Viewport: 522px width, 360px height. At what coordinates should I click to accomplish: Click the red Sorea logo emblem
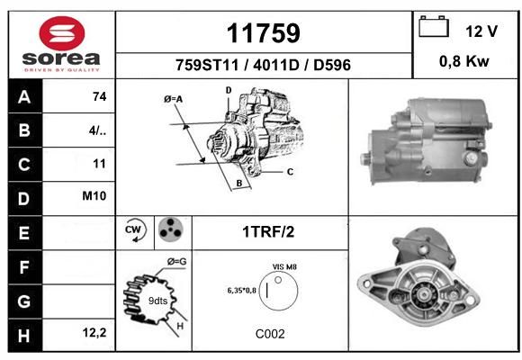(x=62, y=33)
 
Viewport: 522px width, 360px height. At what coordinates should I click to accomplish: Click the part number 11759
(x=264, y=33)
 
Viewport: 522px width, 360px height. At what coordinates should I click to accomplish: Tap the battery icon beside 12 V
(x=434, y=26)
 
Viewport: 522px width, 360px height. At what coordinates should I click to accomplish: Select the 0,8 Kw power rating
(x=464, y=61)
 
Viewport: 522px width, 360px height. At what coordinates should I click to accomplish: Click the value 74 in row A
(x=100, y=96)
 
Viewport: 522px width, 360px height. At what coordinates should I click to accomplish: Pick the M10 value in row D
(x=94, y=196)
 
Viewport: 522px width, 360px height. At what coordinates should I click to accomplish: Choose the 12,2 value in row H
(x=94, y=333)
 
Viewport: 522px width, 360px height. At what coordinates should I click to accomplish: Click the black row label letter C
(x=24, y=165)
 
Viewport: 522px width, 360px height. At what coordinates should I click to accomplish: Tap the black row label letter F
(x=24, y=267)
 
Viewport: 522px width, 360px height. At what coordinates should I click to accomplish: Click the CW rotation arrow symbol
(x=134, y=230)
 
